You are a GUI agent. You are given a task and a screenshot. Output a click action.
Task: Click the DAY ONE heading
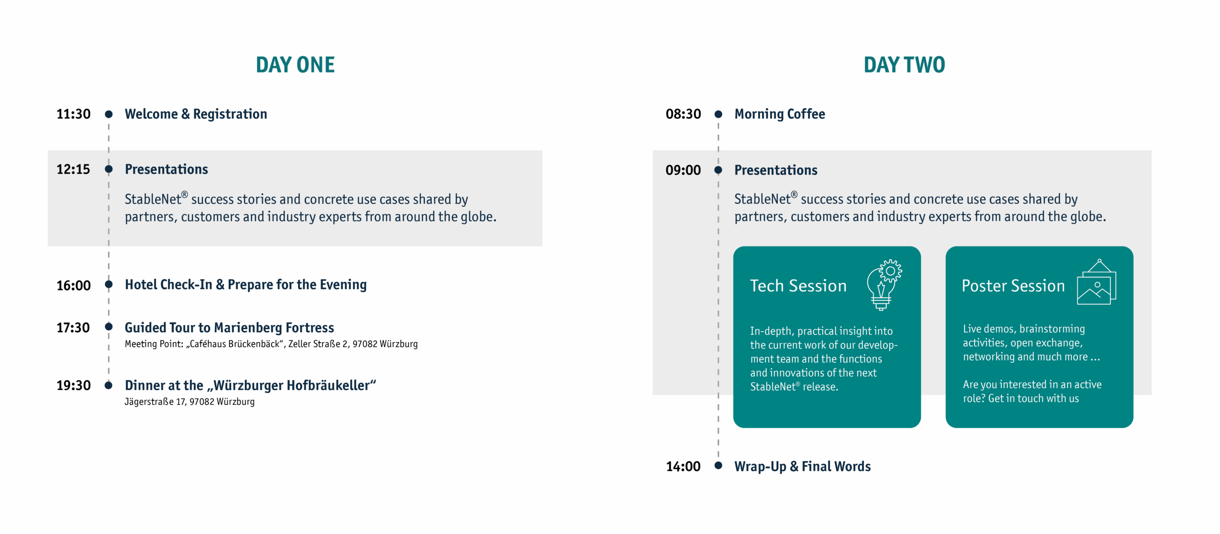coord(295,65)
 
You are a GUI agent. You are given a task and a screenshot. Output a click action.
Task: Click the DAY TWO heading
coord(904,65)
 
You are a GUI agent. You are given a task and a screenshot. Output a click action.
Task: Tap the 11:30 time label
coord(73,114)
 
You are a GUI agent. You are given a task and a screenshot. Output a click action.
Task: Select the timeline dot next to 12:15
coord(109,169)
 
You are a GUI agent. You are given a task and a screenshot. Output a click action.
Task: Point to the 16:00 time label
coord(73,285)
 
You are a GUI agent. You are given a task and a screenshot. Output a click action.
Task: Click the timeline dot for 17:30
coord(109,327)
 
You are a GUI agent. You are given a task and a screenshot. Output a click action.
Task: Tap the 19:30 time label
coord(73,385)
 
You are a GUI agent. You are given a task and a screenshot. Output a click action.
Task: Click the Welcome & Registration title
coord(196,114)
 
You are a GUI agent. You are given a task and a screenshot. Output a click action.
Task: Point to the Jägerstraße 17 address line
coord(190,402)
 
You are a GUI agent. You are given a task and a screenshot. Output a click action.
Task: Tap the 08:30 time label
coord(683,114)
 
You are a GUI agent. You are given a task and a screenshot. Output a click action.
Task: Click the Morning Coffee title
coord(780,114)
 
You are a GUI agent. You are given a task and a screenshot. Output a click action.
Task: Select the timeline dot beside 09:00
coord(718,170)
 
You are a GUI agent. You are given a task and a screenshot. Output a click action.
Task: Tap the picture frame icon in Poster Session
coord(1097,282)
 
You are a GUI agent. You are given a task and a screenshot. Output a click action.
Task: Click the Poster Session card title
coord(1013,286)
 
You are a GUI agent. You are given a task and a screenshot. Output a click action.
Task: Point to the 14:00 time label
coord(683,466)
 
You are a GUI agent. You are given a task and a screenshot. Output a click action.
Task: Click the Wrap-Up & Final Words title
coord(803,466)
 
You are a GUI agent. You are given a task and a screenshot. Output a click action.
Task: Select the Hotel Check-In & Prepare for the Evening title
coord(246,285)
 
